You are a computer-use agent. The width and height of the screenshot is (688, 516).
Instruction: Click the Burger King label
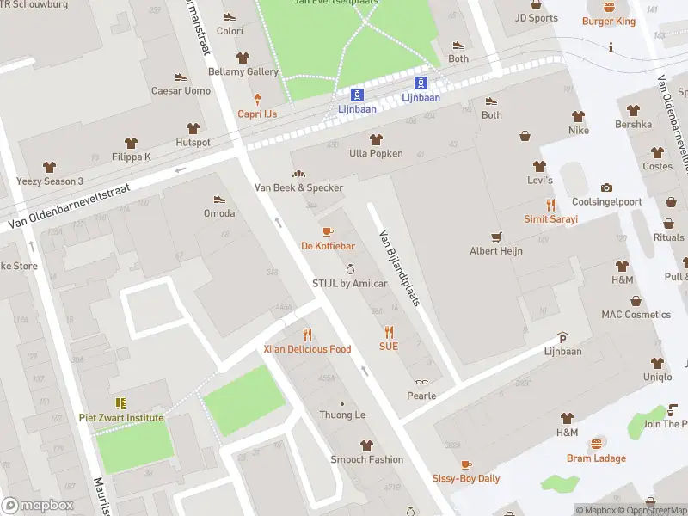click(608, 21)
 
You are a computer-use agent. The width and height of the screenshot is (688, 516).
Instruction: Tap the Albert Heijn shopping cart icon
click(495, 236)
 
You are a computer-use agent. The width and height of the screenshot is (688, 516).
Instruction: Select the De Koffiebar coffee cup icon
click(327, 231)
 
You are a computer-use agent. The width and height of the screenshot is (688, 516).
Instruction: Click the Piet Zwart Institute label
click(121, 418)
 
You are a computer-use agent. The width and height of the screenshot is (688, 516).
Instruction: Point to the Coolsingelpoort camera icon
click(607, 188)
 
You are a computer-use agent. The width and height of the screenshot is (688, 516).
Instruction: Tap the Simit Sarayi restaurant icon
click(550, 205)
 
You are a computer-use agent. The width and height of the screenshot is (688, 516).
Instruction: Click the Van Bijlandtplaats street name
click(398, 268)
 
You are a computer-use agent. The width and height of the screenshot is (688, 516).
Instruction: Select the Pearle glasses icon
click(421, 382)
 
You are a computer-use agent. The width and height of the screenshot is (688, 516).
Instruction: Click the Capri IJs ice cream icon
click(256, 101)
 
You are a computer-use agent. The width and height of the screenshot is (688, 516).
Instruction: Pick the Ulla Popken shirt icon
click(375, 139)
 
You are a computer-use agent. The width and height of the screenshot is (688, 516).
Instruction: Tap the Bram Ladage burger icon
click(596, 444)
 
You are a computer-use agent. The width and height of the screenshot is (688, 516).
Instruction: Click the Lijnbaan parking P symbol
click(562, 337)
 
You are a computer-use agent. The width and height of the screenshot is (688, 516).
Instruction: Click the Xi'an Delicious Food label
click(307, 349)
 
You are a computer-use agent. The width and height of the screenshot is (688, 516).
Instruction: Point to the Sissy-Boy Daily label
click(465, 478)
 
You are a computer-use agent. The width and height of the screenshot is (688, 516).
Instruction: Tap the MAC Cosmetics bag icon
click(636, 301)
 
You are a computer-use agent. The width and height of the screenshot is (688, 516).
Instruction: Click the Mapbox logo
click(37, 506)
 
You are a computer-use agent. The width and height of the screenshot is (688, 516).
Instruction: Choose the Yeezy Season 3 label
click(50, 181)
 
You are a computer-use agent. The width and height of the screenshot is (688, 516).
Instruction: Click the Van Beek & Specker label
click(298, 187)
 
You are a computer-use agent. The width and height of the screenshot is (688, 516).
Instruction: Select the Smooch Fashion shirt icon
click(366, 445)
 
